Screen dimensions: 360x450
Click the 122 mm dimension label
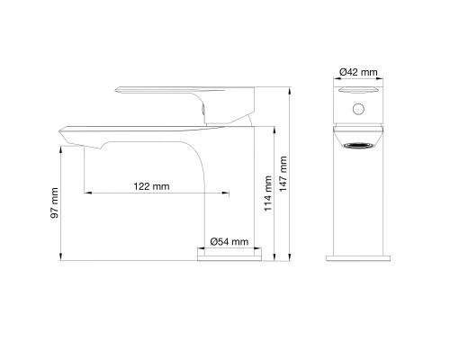pos(151,186)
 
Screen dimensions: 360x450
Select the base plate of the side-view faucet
pos(230,257)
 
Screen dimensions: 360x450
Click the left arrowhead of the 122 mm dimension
pos(86,193)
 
